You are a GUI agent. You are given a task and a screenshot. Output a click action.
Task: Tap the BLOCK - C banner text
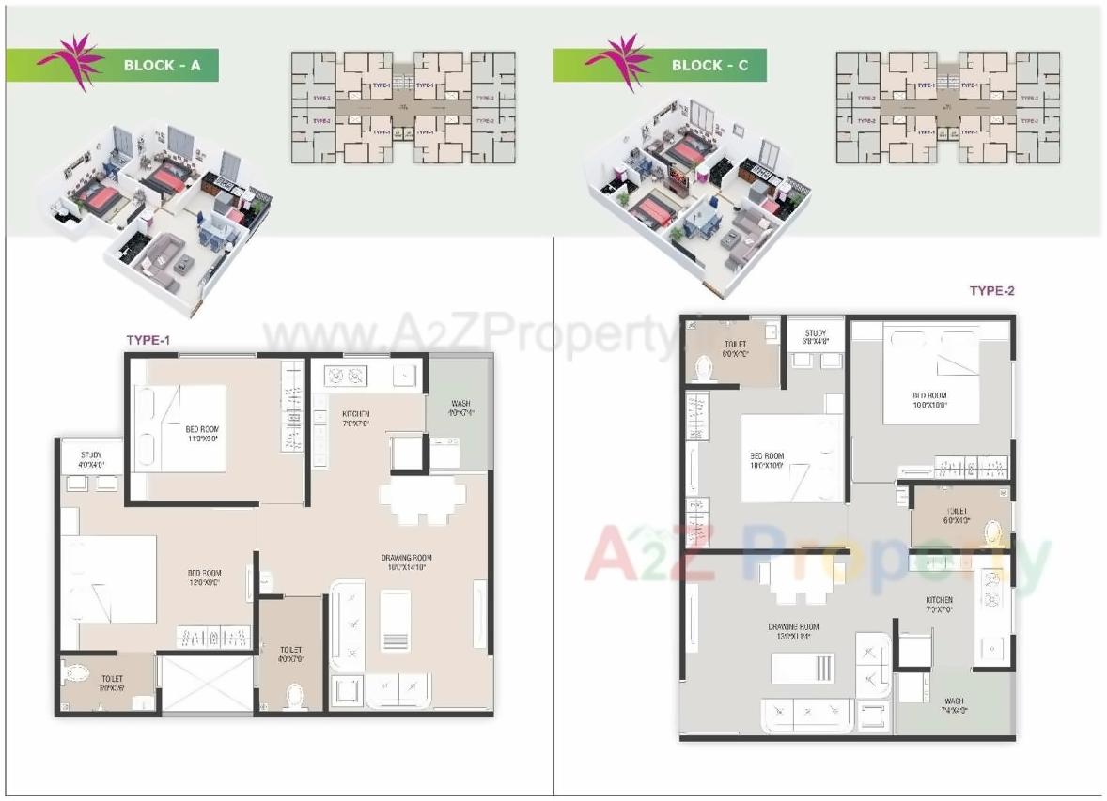709,66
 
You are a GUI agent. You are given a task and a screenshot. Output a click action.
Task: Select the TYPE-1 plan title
148,340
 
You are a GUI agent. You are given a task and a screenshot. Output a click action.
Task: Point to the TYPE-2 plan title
992,291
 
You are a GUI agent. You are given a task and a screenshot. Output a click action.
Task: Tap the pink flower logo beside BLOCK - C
616,62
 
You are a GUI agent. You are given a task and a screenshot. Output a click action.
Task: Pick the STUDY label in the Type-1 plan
91,457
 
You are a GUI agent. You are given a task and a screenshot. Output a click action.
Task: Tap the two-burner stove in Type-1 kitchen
343,377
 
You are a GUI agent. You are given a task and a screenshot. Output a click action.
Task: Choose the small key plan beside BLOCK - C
948,106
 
